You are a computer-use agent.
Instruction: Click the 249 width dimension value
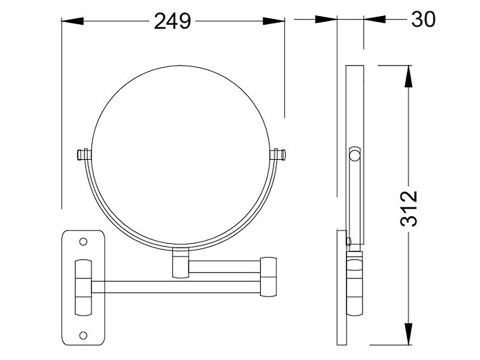[x=172, y=21]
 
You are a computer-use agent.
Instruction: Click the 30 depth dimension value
[x=423, y=19]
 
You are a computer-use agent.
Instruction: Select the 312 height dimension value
[x=409, y=209]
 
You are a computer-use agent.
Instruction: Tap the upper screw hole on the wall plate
[x=83, y=241]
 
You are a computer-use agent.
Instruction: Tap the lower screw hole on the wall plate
[x=83, y=335]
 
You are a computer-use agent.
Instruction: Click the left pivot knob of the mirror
[x=84, y=155]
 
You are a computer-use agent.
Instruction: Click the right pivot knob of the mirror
[x=278, y=154]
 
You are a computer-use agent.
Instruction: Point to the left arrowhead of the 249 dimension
[x=72, y=21]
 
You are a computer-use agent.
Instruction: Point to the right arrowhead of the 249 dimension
[x=274, y=21]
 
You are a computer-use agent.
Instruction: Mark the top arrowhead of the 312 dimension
[x=409, y=76]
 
